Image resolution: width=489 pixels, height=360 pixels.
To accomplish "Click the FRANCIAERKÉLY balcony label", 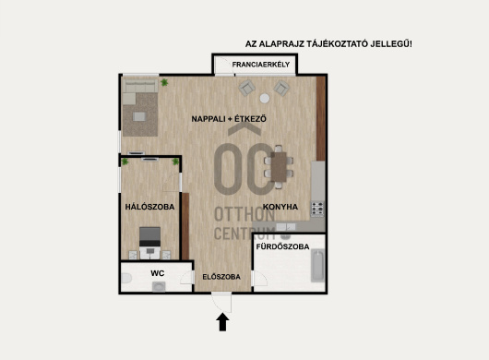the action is (x=261, y=65).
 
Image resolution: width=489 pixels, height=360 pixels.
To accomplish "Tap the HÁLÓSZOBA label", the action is (x=149, y=207).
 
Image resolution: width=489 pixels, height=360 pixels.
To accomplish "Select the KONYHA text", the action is (x=280, y=207).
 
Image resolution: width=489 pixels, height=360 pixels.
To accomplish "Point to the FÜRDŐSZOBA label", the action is (x=282, y=246).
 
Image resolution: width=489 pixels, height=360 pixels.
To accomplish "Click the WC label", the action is (x=158, y=273).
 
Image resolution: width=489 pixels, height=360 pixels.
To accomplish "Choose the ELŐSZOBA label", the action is (x=221, y=277).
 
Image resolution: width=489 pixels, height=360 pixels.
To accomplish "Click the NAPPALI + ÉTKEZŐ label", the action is (x=229, y=119).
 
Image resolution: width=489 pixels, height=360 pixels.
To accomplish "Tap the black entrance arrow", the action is (x=222, y=322).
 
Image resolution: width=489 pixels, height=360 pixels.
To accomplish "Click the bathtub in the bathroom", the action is (x=317, y=266).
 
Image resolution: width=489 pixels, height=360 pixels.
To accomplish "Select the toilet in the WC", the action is (x=126, y=278).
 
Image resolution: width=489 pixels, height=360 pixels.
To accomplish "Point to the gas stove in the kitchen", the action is (x=317, y=210).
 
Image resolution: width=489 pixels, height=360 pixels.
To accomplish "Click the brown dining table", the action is (x=279, y=167).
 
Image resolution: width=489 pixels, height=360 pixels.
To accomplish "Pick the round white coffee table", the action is (x=265, y=98).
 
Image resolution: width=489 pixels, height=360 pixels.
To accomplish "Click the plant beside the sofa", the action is (x=164, y=82).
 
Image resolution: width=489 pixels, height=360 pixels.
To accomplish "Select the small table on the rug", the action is (x=139, y=116).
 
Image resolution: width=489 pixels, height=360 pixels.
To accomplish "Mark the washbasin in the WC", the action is (x=159, y=287).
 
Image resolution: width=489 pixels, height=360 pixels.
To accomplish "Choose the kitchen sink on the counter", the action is (x=286, y=227).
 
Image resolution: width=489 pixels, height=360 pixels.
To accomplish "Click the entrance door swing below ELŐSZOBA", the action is (x=221, y=302).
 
